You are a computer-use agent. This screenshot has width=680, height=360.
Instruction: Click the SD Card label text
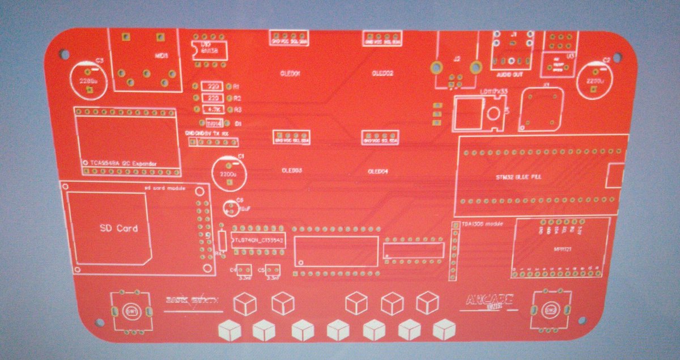(x=118, y=228)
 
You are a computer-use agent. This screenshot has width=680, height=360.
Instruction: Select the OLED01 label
(x=291, y=74)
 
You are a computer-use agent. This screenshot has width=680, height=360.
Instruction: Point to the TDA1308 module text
(x=482, y=225)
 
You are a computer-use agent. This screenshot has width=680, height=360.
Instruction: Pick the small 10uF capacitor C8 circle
(x=231, y=209)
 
